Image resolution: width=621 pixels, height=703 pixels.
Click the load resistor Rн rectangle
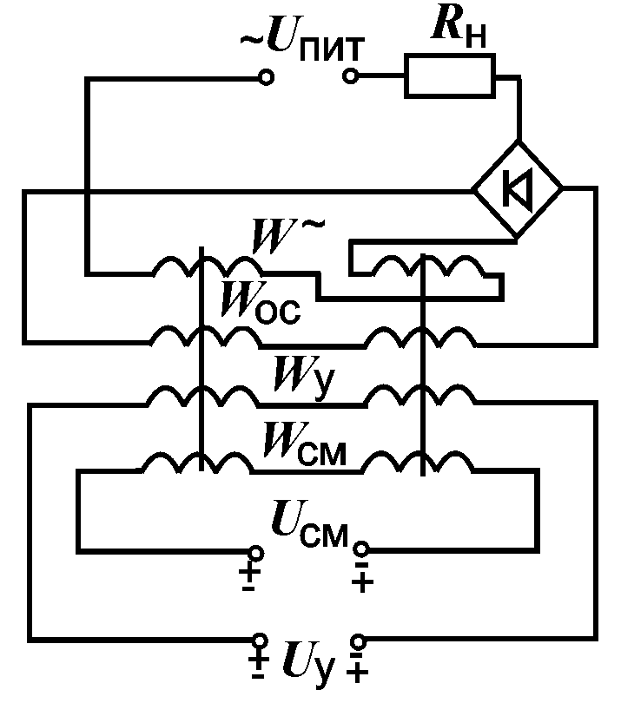449,76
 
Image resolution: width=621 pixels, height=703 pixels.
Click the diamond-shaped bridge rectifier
518,189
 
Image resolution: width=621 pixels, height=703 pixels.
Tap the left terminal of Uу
258,641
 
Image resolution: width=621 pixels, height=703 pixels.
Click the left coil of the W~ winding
200,269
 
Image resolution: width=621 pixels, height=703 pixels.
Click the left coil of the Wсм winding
198,463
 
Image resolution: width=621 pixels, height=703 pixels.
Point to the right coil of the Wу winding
420,395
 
